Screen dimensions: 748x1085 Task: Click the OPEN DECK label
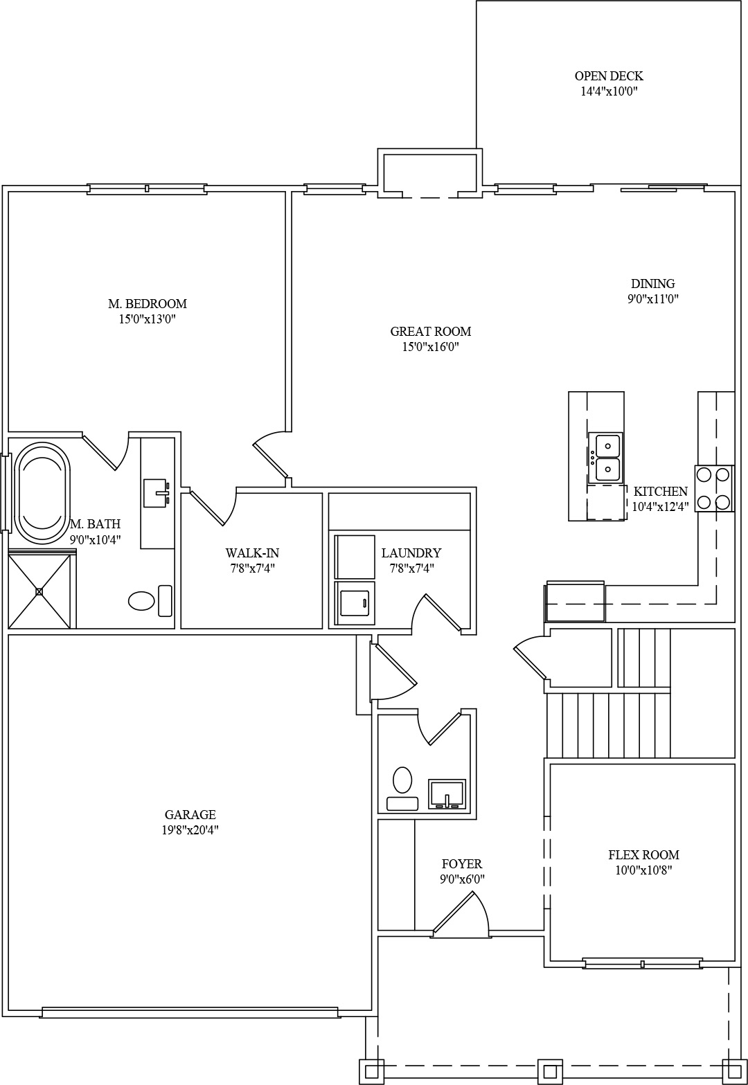coord(609,76)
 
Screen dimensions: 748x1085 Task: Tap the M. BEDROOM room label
coord(148,304)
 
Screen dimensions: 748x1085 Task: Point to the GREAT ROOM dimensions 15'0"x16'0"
coord(431,347)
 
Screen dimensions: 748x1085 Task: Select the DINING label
coord(652,283)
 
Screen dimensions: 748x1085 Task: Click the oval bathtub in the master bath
coord(42,492)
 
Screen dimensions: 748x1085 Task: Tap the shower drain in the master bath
coord(39,591)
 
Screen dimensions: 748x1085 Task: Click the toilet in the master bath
coord(150,600)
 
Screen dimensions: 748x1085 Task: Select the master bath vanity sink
coord(157,493)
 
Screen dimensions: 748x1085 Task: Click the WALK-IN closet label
coord(252,553)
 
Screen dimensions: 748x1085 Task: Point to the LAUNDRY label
coord(411,553)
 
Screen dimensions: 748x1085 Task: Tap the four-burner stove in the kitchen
coord(714,488)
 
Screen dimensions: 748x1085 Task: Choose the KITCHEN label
coord(661,491)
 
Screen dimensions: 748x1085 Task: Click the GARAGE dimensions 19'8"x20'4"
coord(190,830)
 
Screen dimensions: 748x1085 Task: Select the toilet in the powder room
coord(402,788)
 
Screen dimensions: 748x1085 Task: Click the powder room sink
coord(447,794)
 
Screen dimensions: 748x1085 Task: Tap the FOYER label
coord(462,863)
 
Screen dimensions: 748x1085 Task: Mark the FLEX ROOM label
coord(644,854)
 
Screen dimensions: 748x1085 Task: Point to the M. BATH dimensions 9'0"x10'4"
coord(95,539)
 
